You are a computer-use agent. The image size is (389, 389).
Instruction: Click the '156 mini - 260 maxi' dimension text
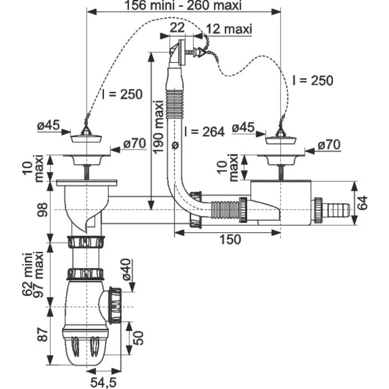click(x=183, y=6)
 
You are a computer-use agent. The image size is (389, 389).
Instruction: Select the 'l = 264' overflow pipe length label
click(x=204, y=132)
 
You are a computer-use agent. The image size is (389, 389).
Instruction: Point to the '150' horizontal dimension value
click(x=230, y=240)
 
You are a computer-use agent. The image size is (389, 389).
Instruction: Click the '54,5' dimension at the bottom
click(x=103, y=383)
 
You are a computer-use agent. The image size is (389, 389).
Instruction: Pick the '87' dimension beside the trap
click(x=42, y=335)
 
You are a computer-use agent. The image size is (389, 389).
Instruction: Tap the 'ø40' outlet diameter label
click(x=126, y=270)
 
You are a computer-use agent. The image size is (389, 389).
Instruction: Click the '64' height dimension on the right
click(x=363, y=203)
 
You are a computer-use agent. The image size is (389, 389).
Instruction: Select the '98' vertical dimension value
click(x=42, y=210)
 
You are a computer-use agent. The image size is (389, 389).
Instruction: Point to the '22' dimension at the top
click(x=177, y=28)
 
